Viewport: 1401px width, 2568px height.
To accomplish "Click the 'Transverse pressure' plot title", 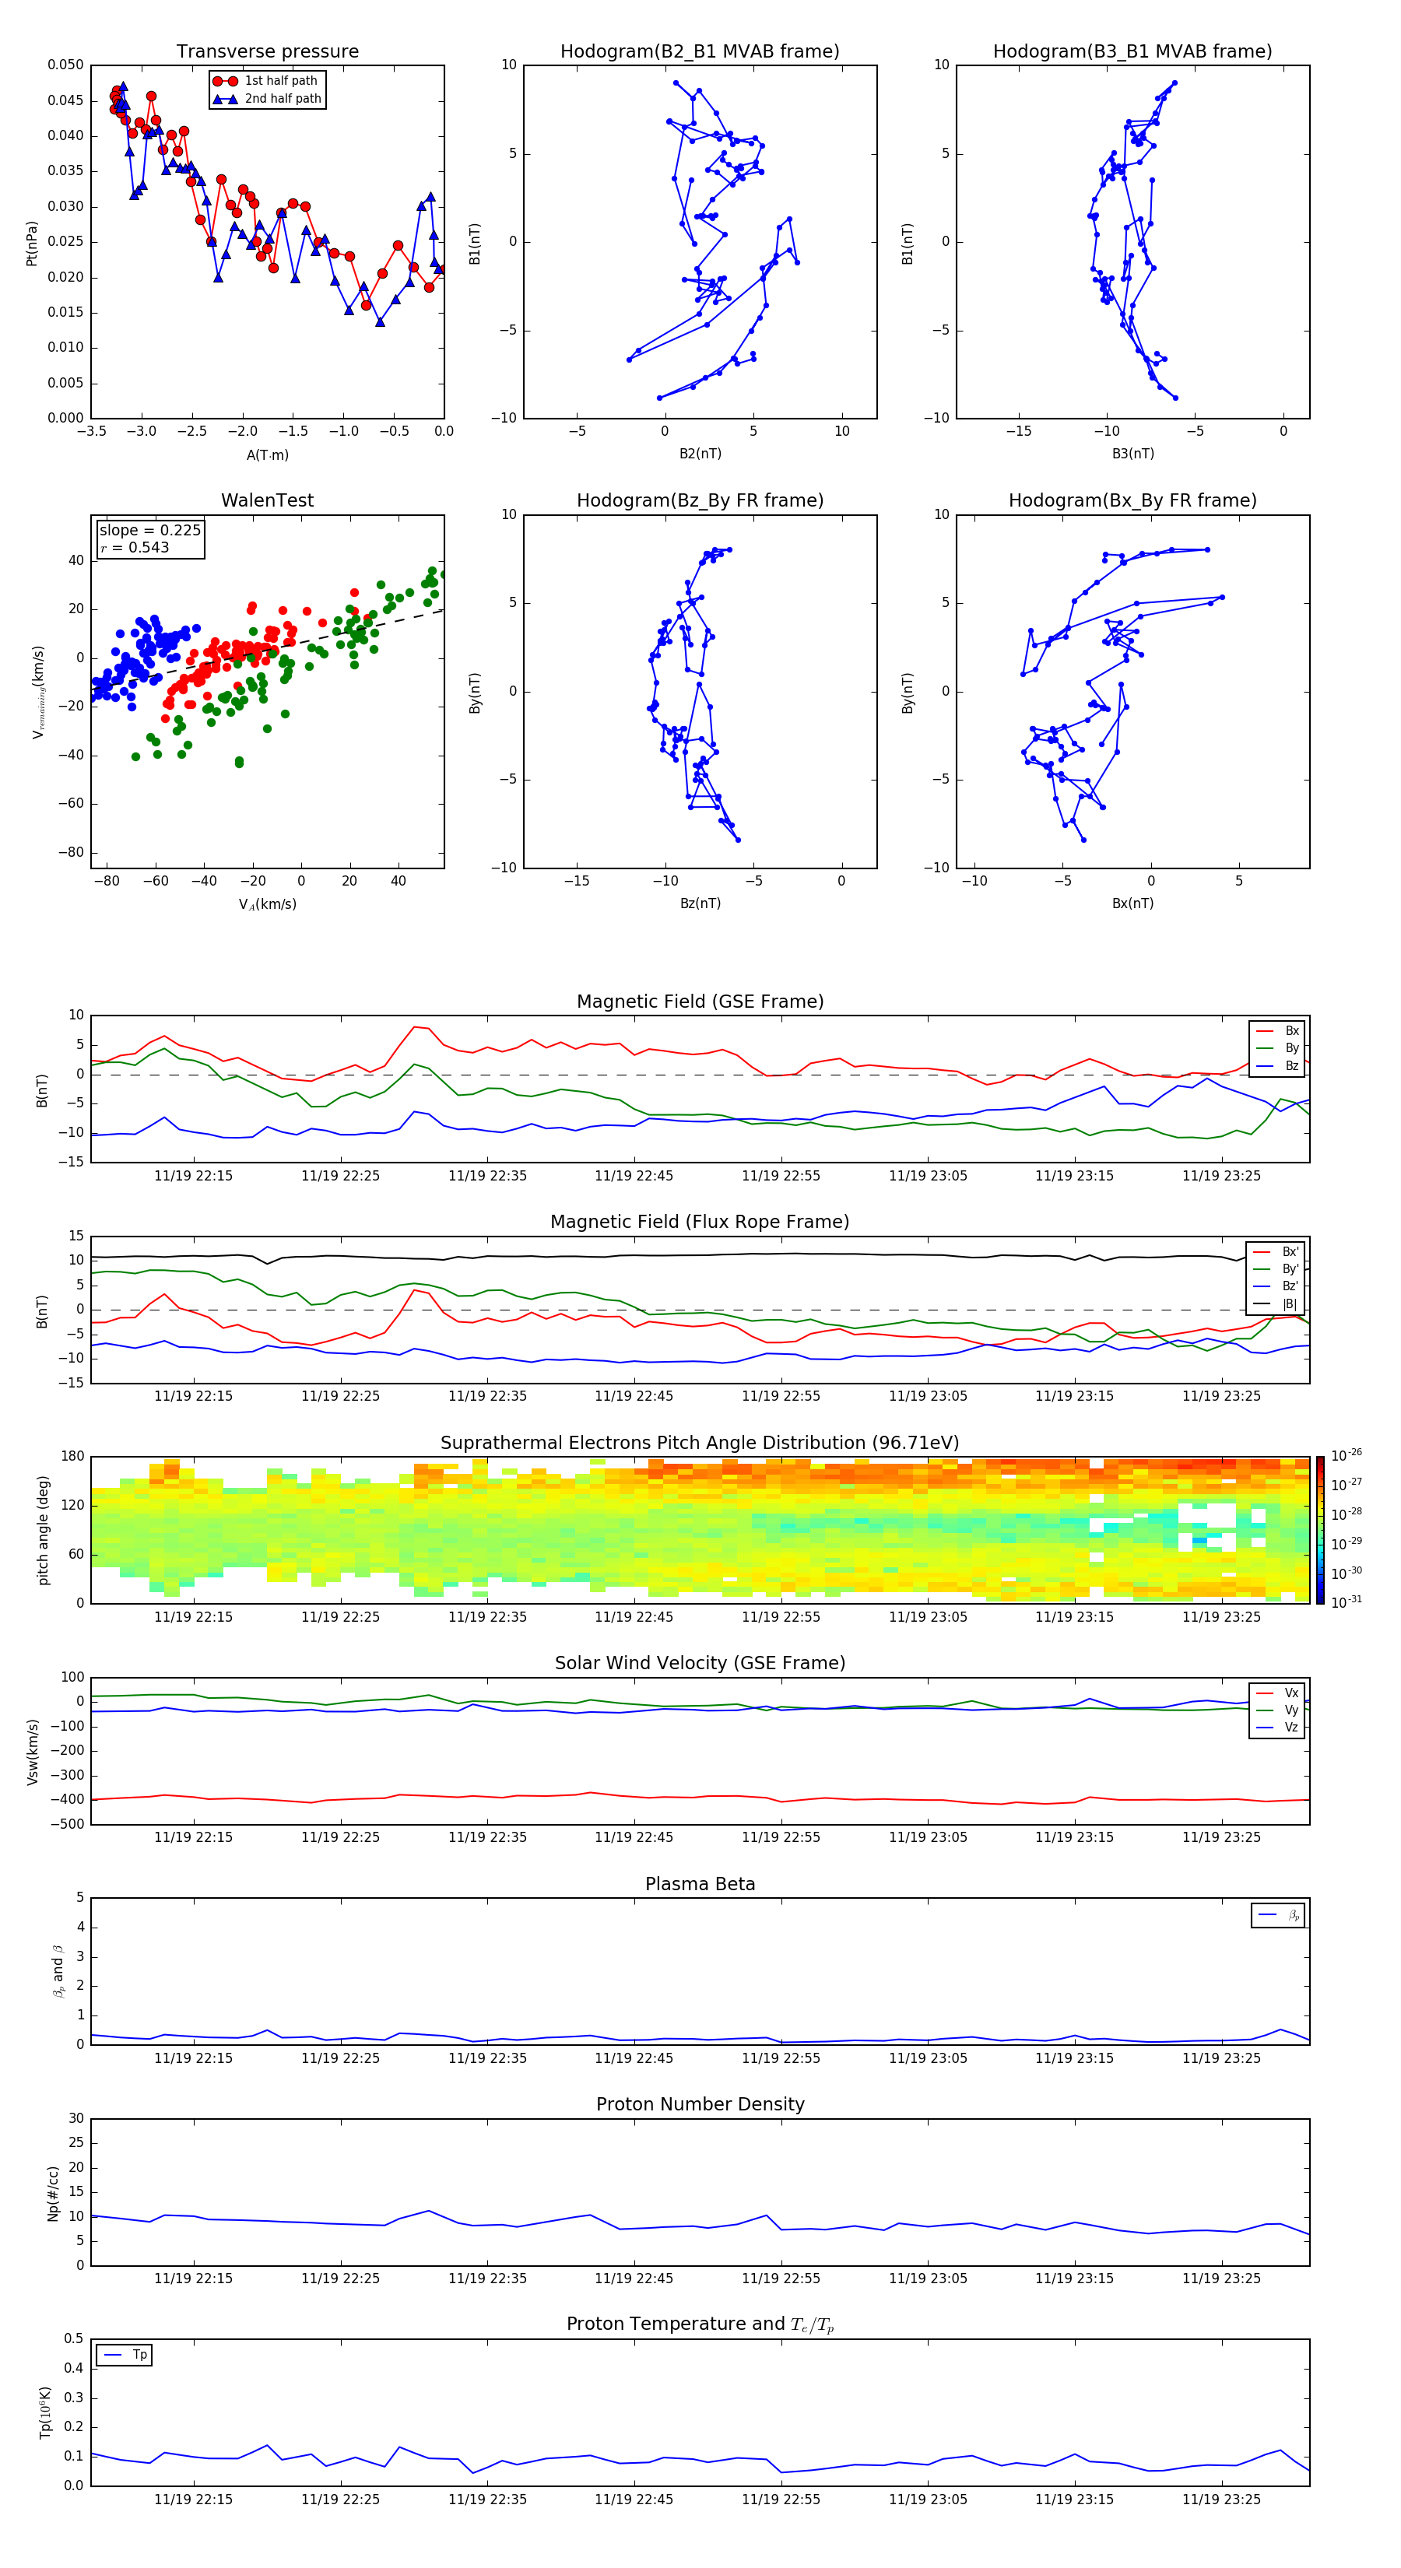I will click(267, 52).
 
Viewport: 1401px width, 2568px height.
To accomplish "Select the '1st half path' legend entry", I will click(280, 81).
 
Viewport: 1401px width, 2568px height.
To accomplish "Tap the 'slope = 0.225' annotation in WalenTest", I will click(149, 531).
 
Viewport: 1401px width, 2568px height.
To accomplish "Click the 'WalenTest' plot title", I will click(267, 500).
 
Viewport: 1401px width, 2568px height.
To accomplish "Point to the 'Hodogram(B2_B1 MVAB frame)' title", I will click(700, 52).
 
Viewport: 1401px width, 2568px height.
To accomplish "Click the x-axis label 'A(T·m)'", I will click(267, 455).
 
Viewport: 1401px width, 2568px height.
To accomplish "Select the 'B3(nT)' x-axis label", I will click(1132, 454).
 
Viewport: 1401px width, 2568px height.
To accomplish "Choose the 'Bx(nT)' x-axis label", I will click(1132, 903).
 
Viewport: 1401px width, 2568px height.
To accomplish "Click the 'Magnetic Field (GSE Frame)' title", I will click(700, 1002).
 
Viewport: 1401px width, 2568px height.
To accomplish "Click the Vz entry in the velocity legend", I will click(1290, 1728).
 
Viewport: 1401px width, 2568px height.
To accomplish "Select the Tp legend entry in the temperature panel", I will click(139, 2355).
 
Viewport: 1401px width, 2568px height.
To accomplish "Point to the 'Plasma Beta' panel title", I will click(700, 1884).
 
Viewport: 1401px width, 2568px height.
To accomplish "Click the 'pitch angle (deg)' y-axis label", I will click(44, 1530).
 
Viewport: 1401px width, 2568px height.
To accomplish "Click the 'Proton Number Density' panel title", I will click(700, 2104).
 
